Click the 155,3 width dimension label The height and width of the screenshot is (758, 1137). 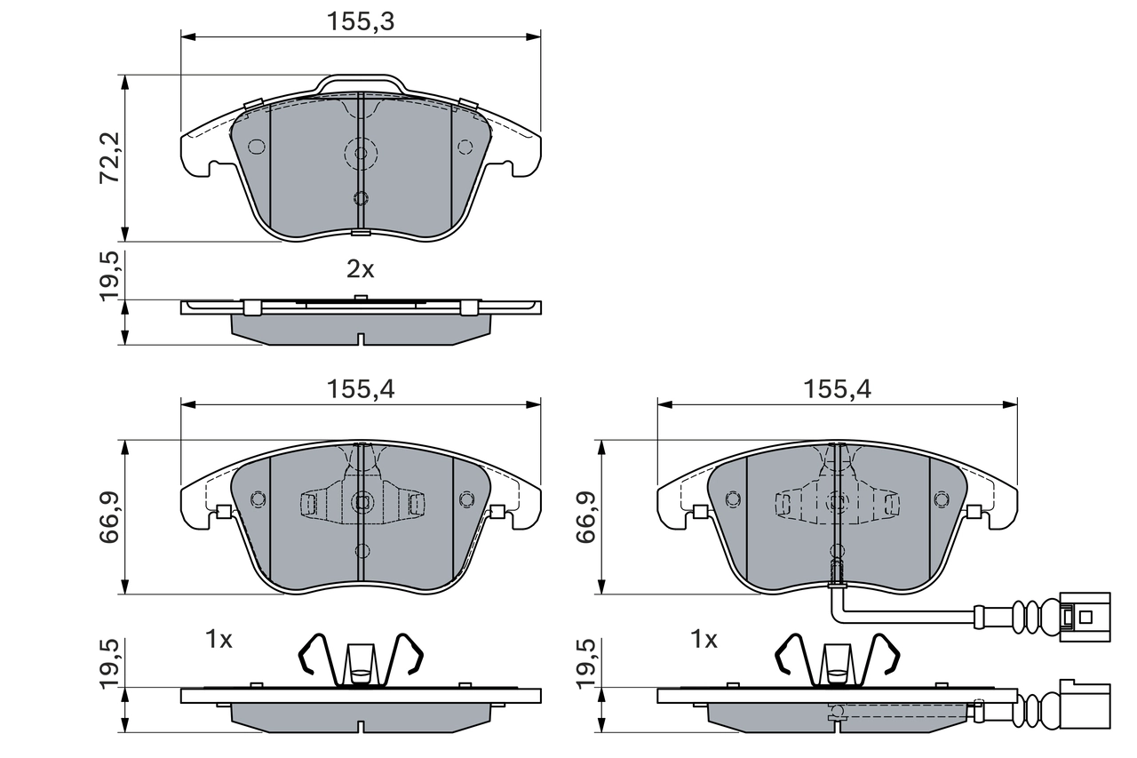click(x=360, y=22)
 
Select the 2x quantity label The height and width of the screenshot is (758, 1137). click(x=360, y=269)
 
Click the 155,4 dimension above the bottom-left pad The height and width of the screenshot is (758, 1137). click(x=360, y=388)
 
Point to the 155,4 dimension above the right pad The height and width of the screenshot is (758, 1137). click(x=837, y=388)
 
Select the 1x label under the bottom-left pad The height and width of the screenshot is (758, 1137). click(x=219, y=639)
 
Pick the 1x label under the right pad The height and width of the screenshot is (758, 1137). click(x=704, y=639)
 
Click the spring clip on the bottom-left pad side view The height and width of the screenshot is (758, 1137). click(x=361, y=661)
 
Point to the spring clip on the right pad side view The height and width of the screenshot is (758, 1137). click(x=838, y=661)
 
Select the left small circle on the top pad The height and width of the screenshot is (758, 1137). click(x=256, y=147)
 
